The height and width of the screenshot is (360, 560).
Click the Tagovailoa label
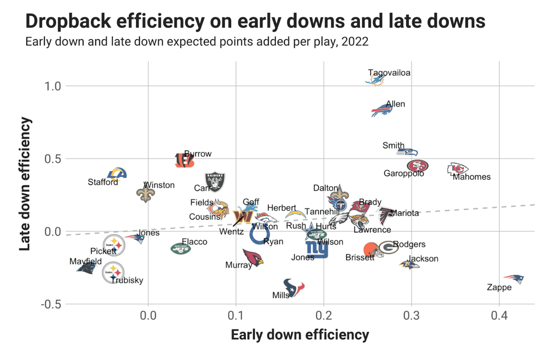tap(389, 73)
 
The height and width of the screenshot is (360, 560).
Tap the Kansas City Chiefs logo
tap(458, 169)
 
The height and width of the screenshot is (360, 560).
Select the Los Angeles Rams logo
tap(117, 174)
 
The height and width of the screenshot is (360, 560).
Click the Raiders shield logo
tap(215, 182)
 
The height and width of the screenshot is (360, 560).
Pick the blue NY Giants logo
tap(317, 249)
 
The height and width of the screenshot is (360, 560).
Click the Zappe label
tap(499, 287)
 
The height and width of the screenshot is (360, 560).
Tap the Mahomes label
tap(472, 177)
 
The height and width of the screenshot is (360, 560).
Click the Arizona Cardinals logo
tap(253, 257)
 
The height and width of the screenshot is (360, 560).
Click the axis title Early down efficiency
tap(300, 335)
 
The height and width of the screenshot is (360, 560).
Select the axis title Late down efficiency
tap(26, 184)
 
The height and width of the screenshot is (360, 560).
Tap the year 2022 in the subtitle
tap(355, 42)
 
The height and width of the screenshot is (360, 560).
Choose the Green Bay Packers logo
tap(388, 248)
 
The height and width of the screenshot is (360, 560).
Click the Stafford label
tap(103, 182)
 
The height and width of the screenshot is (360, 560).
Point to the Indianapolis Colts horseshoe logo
tap(259, 234)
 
